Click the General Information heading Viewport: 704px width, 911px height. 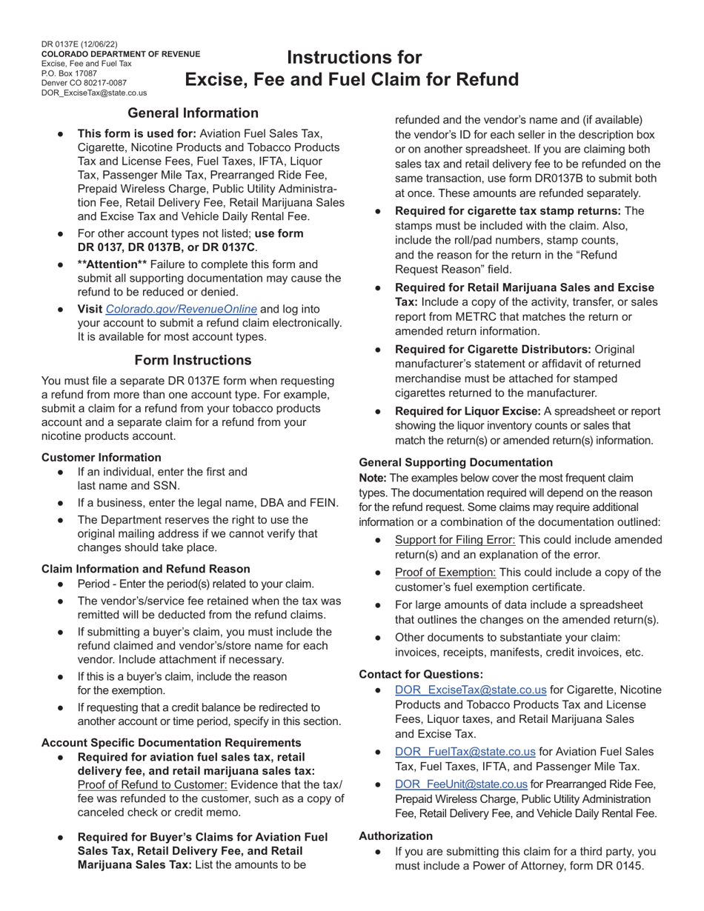coord(193,113)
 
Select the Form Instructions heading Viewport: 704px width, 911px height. coord(193,360)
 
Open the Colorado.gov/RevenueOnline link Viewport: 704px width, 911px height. coord(182,309)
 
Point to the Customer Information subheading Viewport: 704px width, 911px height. coord(101,458)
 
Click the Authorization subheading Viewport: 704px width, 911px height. coord(396,835)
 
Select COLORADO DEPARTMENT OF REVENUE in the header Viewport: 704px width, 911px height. coord(120,54)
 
